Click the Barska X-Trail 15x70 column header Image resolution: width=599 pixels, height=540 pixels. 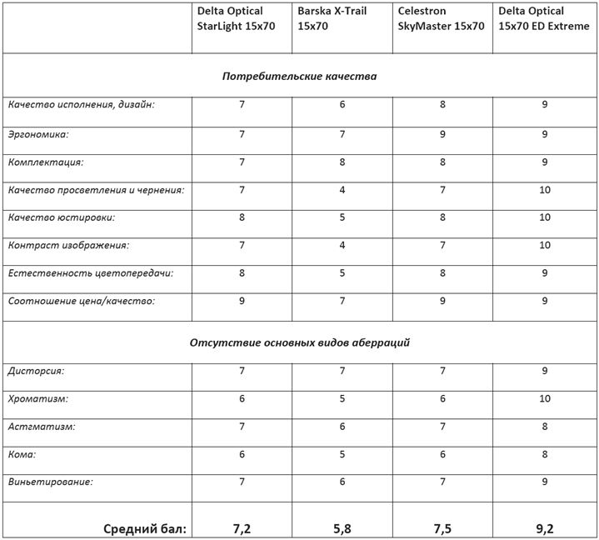(332, 18)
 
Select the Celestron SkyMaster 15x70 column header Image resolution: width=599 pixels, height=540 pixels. (441, 18)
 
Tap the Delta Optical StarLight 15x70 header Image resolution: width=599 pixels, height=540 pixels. (236, 18)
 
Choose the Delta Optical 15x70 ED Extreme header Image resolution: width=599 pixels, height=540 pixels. (543, 18)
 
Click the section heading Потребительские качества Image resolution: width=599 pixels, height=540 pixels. (299, 77)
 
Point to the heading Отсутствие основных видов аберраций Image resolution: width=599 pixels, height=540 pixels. (299, 342)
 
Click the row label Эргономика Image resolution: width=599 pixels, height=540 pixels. (38, 133)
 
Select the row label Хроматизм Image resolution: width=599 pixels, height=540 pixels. (38, 399)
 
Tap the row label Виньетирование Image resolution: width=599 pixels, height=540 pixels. (51, 482)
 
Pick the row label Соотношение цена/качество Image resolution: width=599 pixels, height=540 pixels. (82, 301)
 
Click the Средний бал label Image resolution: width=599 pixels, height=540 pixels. (145, 527)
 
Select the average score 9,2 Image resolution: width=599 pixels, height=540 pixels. (545, 527)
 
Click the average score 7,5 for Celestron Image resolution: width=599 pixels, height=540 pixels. (442, 527)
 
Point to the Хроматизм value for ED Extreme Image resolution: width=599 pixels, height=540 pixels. (545, 399)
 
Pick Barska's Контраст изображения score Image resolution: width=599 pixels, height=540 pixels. (342, 246)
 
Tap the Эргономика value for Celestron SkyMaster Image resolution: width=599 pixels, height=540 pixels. (442, 134)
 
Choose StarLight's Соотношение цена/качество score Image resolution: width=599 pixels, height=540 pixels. (242, 301)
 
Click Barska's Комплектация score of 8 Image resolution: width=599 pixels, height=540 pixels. (342, 162)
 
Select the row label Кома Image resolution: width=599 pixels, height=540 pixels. (22, 454)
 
